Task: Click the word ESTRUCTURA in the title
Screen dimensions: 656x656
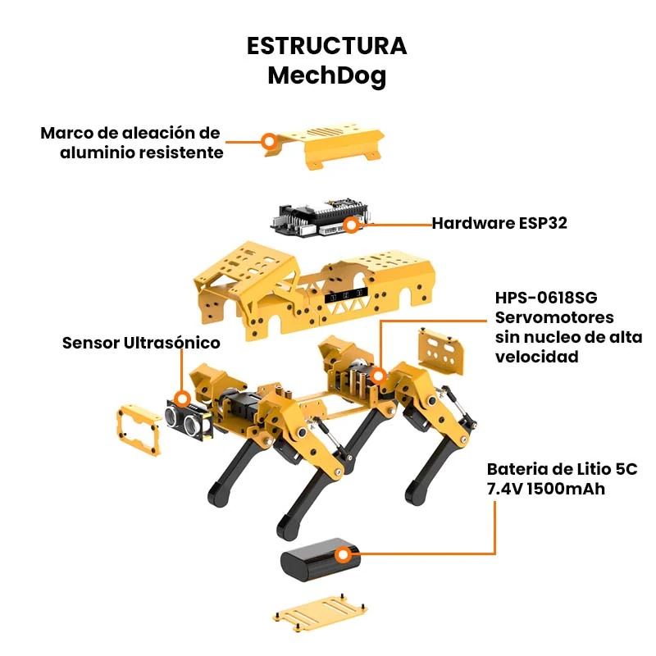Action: (x=326, y=46)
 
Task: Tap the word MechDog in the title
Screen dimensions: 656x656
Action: (x=326, y=76)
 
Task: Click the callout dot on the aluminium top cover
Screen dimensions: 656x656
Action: (x=270, y=141)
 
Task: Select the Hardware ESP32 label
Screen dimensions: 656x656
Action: (x=499, y=223)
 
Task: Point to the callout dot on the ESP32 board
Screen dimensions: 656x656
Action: (x=352, y=225)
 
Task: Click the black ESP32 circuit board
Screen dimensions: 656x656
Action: (x=320, y=219)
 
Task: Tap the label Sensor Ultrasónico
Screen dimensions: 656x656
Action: (x=141, y=343)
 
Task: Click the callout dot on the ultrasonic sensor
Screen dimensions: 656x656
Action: (x=182, y=399)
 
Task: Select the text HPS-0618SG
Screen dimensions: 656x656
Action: (x=546, y=298)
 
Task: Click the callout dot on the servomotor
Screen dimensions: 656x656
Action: (x=378, y=376)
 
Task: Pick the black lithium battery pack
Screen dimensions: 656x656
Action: (x=320, y=559)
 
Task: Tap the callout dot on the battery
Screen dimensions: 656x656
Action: (x=344, y=555)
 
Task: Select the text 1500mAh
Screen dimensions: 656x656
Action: (x=566, y=489)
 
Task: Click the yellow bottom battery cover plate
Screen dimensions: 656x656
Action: (x=320, y=612)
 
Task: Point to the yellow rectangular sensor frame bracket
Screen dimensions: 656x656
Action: (x=139, y=430)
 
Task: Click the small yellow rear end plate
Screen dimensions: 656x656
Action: (x=441, y=352)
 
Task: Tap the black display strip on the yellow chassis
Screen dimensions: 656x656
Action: (x=346, y=296)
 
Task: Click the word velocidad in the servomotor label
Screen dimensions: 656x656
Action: (x=537, y=357)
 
